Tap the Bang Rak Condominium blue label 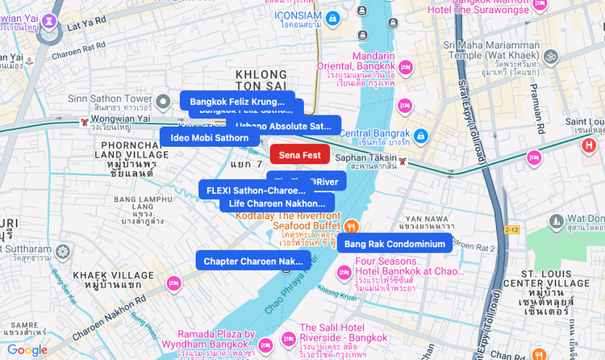click(x=394, y=244)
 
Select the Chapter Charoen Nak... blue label click(x=252, y=261)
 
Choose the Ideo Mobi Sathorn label click(x=209, y=138)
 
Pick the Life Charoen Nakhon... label click(x=277, y=203)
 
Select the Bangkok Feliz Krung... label click(x=236, y=102)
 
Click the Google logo click(x=27, y=350)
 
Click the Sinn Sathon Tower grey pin click(x=163, y=102)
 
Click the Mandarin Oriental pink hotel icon click(x=407, y=66)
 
